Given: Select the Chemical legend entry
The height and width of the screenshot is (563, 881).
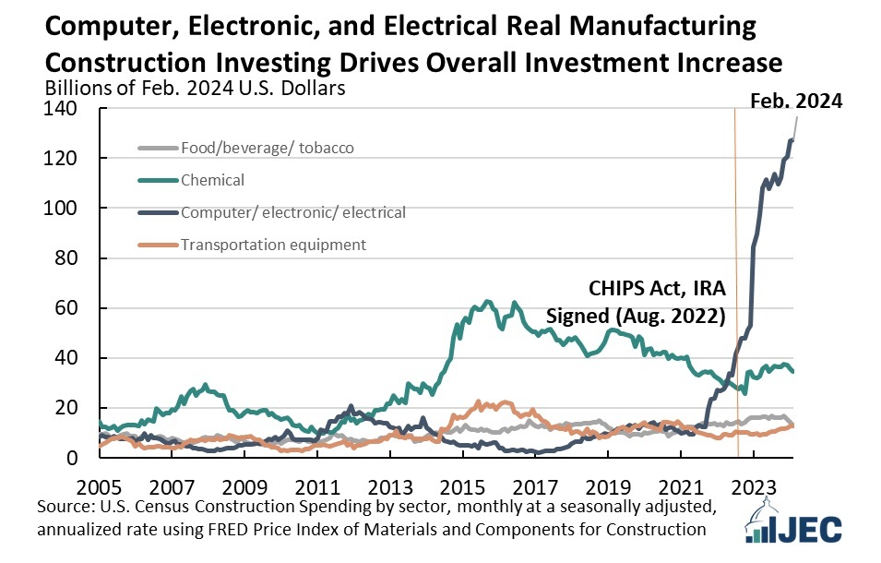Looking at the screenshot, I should click(x=213, y=180).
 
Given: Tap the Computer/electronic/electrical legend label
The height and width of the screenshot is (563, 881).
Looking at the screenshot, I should click(x=293, y=212).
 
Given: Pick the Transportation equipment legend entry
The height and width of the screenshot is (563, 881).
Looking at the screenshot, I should click(x=274, y=245).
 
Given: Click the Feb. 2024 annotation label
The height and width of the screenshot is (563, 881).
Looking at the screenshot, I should click(x=795, y=102).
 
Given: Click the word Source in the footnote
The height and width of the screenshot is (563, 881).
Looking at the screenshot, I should click(x=65, y=508).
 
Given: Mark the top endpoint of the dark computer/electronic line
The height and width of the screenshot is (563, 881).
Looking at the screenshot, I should click(x=792, y=138).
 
